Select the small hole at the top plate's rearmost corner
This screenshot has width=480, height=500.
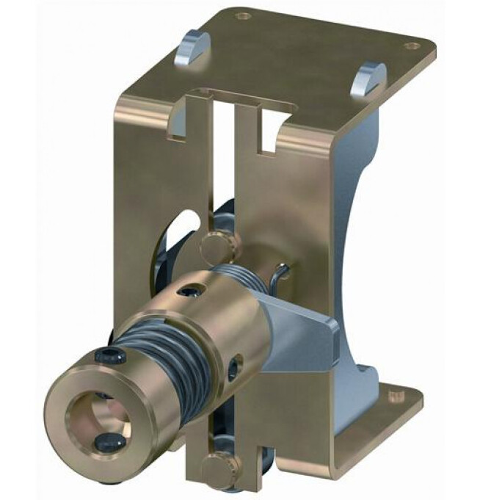244,15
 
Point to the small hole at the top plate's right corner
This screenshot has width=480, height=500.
412,46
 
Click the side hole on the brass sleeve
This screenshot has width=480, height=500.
234,366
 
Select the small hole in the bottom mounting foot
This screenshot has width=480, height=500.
396,395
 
